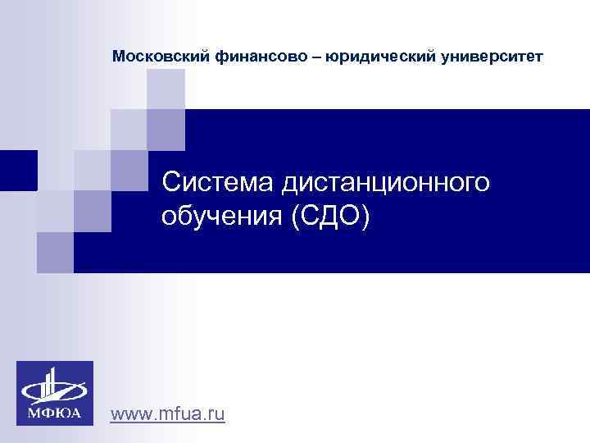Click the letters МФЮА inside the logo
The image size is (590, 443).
[x=55, y=412]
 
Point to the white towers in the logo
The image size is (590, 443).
[x=53, y=383]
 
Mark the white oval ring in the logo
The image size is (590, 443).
[x=55, y=390]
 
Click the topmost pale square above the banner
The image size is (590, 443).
[x=166, y=89]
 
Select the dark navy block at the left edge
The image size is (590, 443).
[x=18, y=171]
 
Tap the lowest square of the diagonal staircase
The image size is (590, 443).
[x=55, y=252]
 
